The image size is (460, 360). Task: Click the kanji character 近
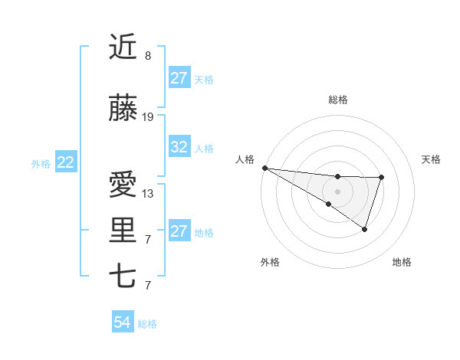click(x=123, y=47)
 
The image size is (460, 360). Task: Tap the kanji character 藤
click(x=123, y=109)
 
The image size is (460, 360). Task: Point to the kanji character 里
click(x=123, y=231)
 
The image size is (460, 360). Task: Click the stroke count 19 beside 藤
click(x=148, y=117)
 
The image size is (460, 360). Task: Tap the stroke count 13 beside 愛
click(x=148, y=194)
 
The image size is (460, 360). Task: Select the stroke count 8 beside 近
click(x=148, y=56)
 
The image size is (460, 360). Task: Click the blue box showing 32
click(x=179, y=147)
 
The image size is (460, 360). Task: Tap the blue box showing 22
click(x=66, y=162)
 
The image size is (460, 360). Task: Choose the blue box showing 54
click(x=122, y=323)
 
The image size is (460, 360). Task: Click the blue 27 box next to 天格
click(x=179, y=78)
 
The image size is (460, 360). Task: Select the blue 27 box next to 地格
click(x=179, y=231)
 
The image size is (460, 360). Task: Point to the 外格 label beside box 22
click(x=41, y=163)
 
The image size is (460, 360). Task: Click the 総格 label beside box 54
click(x=147, y=324)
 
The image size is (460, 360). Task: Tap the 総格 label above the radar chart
click(x=337, y=100)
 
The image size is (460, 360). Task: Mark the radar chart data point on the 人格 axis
click(x=264, y=168)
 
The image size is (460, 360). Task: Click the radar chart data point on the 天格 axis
click(x=381, y=178)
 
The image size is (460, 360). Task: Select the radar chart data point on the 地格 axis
click(x=365, y=229)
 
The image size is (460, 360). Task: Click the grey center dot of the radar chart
click(x=337, y=191)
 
